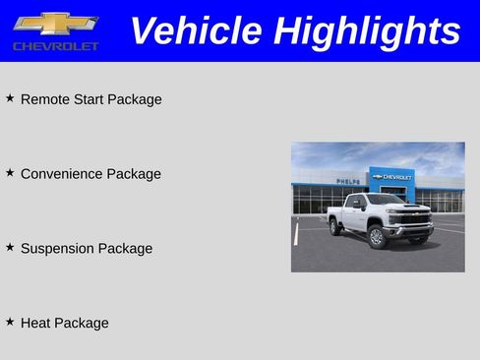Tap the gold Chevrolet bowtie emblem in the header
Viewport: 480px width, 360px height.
(x=55, y=24)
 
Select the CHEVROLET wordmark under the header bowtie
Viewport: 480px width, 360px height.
(x=56, y=46)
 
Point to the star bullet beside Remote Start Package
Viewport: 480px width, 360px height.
(x=10, y=98)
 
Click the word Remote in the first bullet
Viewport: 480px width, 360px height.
(x=44, y=99)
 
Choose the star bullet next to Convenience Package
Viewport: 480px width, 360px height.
(x=10, y=172)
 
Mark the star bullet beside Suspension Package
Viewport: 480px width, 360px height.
(x=10, y=247)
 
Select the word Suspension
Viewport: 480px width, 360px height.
(x=58, y=249)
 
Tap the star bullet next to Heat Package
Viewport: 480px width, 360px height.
(x=10, y=321)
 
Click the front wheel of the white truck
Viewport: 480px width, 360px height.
(x=376, y=237)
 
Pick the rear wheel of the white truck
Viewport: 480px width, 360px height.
(x=336, y=227)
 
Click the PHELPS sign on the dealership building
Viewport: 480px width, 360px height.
(x=348, y=181)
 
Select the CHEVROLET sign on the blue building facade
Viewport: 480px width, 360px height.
(x=393, y=177)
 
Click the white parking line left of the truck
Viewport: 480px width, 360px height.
(x=296, y=234)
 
